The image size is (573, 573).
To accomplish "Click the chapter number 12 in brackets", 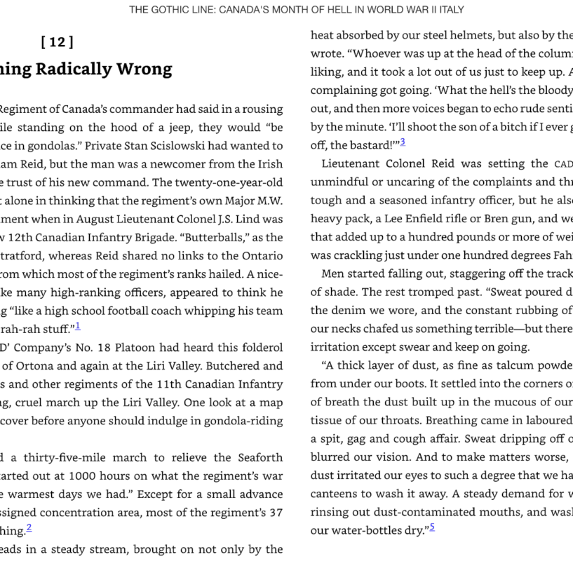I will [x=58, y=42].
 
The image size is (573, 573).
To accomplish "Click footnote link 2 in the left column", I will [x=29, y=527].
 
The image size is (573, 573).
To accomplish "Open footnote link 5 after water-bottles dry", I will [x=432, y=526].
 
